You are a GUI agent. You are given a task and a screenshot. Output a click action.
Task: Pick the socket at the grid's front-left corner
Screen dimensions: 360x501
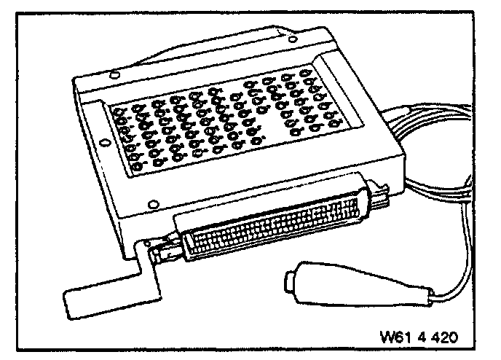pyautogui.click(x=137, y=173)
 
